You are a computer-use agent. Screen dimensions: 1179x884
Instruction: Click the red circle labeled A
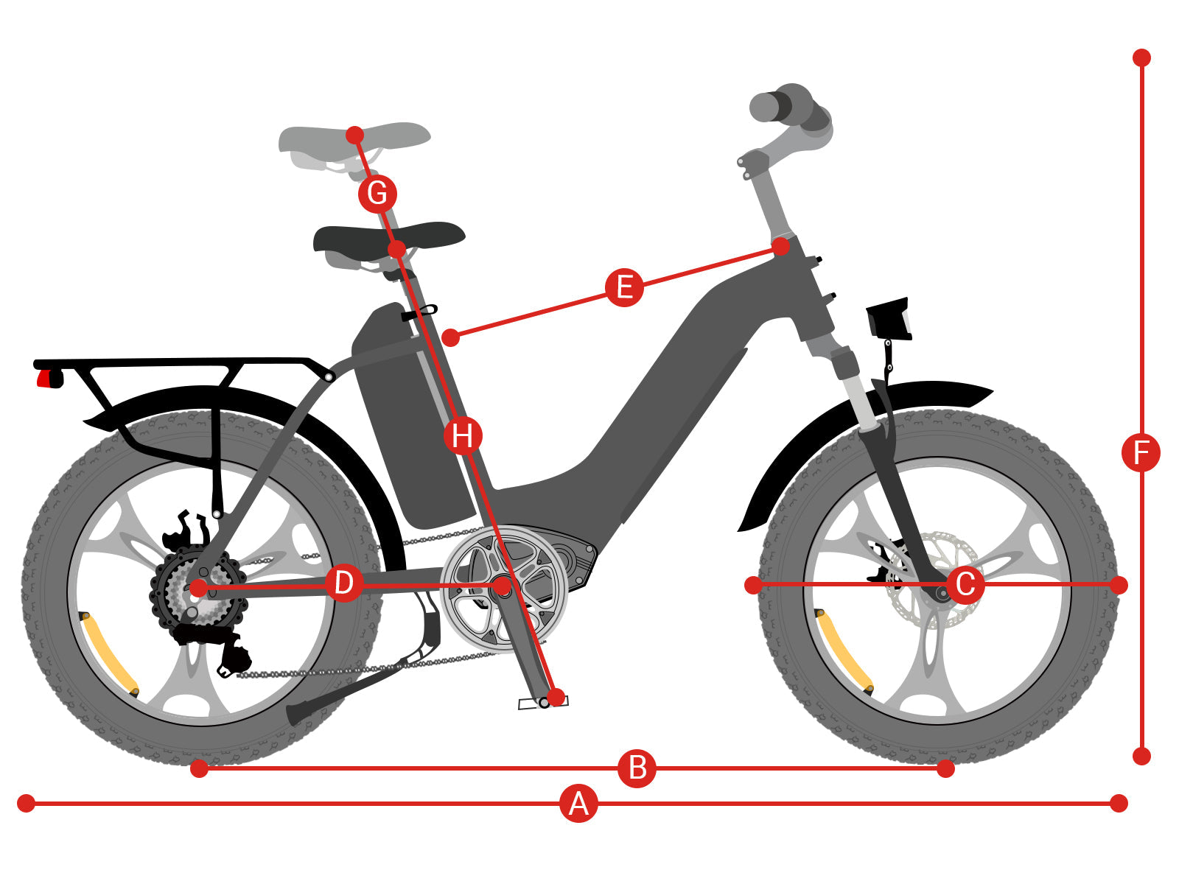tap(578, 804)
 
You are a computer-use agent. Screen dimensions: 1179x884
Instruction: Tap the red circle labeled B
tap(637, 768)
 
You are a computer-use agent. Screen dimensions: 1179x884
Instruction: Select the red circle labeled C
tap(965, 584)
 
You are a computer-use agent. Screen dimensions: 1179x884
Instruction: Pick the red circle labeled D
tap(344, 583)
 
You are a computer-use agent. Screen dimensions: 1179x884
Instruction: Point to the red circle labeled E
tap(624, 287)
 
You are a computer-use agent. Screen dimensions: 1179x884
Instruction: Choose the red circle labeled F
tap(1141, 452)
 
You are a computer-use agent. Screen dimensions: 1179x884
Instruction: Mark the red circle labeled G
tap(377, 193)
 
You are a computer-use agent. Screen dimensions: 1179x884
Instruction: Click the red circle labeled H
tap(463, 436)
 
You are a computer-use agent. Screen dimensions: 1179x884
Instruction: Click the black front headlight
tap(888, 319)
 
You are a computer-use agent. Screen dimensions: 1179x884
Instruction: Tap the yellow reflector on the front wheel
tap(844, 651)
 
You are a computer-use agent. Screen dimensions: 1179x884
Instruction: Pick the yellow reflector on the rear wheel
tap(109, 653)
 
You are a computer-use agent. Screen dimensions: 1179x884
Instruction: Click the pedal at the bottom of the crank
tap(542, 703)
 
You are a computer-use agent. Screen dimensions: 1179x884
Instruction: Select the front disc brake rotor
tap(934, 580)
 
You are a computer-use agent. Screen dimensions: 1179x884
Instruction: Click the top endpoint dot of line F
tap(1141, 57)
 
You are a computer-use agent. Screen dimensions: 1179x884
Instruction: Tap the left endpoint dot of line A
tap(27, 804)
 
